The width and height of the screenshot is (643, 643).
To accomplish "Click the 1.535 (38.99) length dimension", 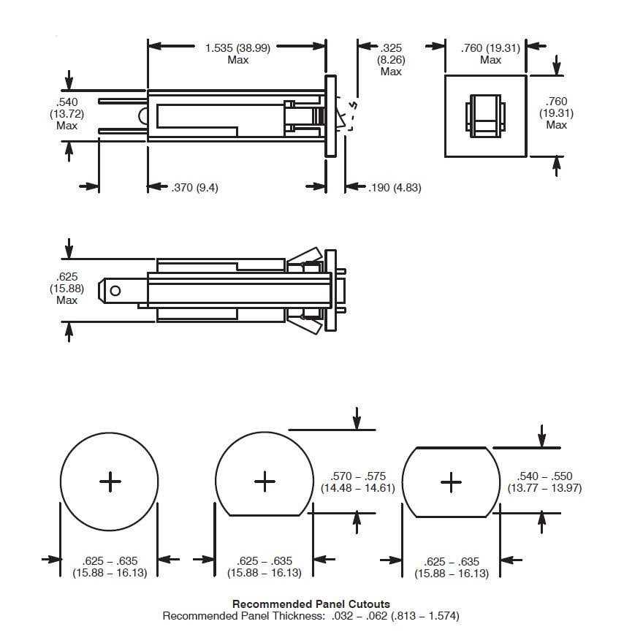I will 237,53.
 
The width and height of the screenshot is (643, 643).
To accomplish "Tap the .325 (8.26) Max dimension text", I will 391,59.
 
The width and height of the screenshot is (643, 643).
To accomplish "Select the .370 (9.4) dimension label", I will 194,188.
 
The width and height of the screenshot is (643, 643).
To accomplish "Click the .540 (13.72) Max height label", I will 66,113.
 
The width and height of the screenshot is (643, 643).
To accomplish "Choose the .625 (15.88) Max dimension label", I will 66,289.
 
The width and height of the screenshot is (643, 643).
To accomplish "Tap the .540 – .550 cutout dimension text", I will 544,482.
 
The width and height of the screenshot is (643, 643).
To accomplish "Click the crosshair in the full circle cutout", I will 110,482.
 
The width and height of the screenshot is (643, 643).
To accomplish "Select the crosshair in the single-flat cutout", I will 264,481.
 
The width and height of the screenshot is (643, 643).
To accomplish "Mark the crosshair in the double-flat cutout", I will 452,482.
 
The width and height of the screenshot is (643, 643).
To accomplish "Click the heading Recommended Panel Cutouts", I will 311,604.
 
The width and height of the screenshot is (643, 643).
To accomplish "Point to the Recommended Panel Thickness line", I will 311,616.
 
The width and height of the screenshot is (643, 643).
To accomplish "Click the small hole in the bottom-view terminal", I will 115,291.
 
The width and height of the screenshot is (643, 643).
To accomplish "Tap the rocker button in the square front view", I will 485,115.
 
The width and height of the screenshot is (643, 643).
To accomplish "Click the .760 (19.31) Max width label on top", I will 490,53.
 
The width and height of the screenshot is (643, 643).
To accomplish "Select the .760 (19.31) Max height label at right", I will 556,113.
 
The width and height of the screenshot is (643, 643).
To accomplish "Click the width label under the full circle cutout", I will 110,567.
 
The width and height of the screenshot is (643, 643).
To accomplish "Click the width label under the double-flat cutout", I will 452,567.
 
